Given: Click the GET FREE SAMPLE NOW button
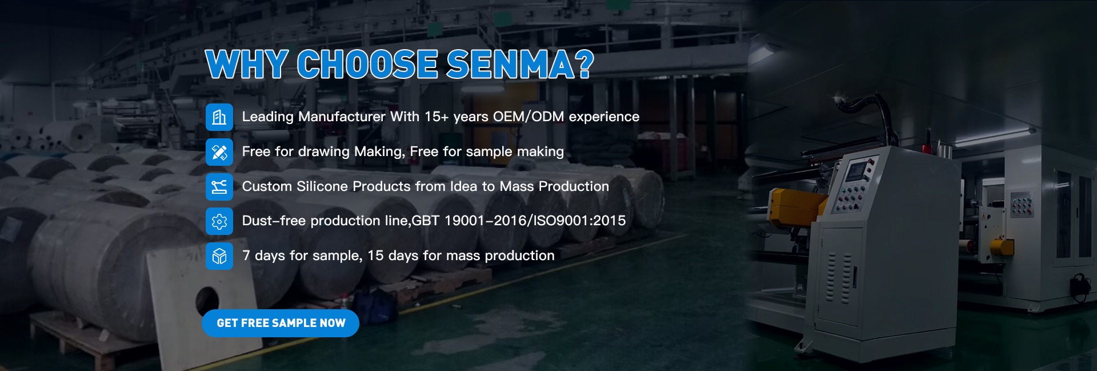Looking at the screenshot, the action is pos(281,324).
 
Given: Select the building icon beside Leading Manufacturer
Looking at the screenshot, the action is pos(219,117).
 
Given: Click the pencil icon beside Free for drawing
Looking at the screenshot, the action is pos(219,152).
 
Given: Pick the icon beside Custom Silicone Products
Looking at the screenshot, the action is pos(219,187).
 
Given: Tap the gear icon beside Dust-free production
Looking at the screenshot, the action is pos(219,222).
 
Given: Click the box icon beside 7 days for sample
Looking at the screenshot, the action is pos(219,256).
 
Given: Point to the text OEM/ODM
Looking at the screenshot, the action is pos(529,117).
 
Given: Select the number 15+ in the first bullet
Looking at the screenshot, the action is pos(437,117).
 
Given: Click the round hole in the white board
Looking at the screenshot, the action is pos(207,300).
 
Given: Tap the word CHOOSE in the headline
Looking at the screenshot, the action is pos(367,64).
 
